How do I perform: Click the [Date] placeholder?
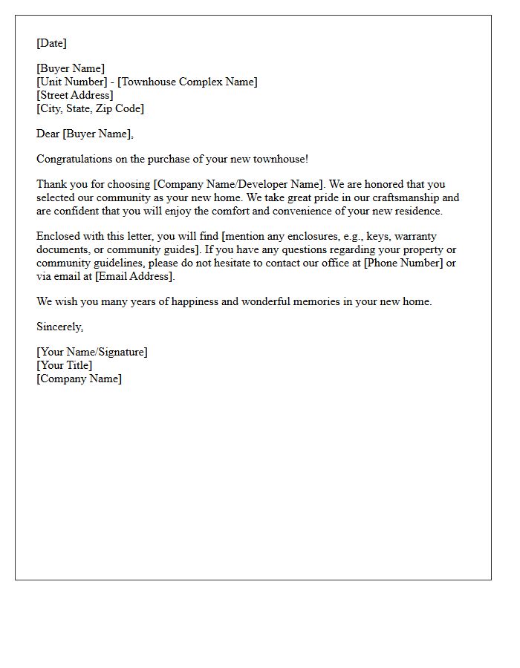point(51,43)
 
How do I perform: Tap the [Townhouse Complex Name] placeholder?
point(187,82)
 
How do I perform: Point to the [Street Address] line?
point(74,95)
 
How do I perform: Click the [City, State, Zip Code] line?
point(90,108)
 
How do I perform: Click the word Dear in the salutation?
point(48,134)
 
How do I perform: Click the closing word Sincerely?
point(59,327)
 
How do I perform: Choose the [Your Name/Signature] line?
point(92,352)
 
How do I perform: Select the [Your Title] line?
point(65,365)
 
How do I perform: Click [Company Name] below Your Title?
point(79,379)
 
